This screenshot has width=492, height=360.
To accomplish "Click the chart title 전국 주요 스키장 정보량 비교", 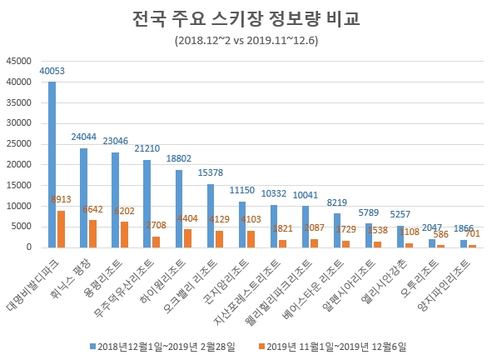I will pyautogui.click(x=246, y=18).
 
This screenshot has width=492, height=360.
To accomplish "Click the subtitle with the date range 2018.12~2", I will pyautogui.click(x=246, y=39).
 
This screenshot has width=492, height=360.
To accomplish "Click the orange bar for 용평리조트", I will pyautogui.click(x=125, y=234).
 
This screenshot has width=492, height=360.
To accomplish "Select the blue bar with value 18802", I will pyautogui.click(x=179, y=208).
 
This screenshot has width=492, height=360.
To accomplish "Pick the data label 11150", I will pyautogui.click(x=241, y=191).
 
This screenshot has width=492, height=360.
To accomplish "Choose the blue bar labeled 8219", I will pyautogui.click(x=337, y=230).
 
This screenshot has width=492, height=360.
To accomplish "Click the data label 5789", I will pyautogui.click(x=369, y=213).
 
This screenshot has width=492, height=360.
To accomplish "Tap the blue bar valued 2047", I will pyautogui.click(x=432, y=242).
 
